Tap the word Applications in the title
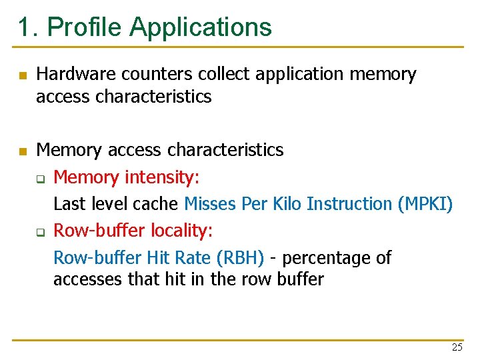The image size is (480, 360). [201, 27]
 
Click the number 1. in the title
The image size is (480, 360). [29, 27]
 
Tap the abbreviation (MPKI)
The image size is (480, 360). [425, 203]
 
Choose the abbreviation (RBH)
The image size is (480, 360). [239, 257]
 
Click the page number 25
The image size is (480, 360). [457, 347]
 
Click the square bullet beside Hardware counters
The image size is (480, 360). [23, 76]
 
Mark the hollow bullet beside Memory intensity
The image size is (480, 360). [41, 179]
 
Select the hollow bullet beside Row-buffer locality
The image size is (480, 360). [41, 232]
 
